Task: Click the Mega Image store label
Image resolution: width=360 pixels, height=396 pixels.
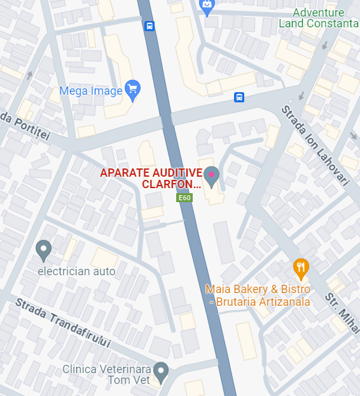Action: [x=90, y=91]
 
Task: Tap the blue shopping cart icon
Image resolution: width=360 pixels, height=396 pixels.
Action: [x=132, y=89]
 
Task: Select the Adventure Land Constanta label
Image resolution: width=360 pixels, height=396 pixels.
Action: [x=318, y=18]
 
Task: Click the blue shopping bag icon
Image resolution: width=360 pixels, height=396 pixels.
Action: [x=207, y=6]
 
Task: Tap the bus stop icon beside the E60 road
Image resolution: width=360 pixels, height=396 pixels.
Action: [x=149, y=26]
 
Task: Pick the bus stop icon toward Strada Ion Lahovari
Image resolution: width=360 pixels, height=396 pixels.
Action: [x=239, y=97]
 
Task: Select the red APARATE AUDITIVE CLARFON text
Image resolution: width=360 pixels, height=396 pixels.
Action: [x=151, y=179]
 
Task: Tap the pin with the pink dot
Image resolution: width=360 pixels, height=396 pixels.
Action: [x=211, y=175]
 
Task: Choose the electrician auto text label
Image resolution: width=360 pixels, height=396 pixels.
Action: [x=76, y=271]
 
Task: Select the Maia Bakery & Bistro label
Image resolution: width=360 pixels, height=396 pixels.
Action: [x=258, y=295]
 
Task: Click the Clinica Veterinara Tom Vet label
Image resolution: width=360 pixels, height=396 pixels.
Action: [x=106, y=374]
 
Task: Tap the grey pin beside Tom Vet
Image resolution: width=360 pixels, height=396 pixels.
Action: [x=162, y=371]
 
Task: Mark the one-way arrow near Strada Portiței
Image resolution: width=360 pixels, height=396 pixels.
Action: [x=29, y=76]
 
